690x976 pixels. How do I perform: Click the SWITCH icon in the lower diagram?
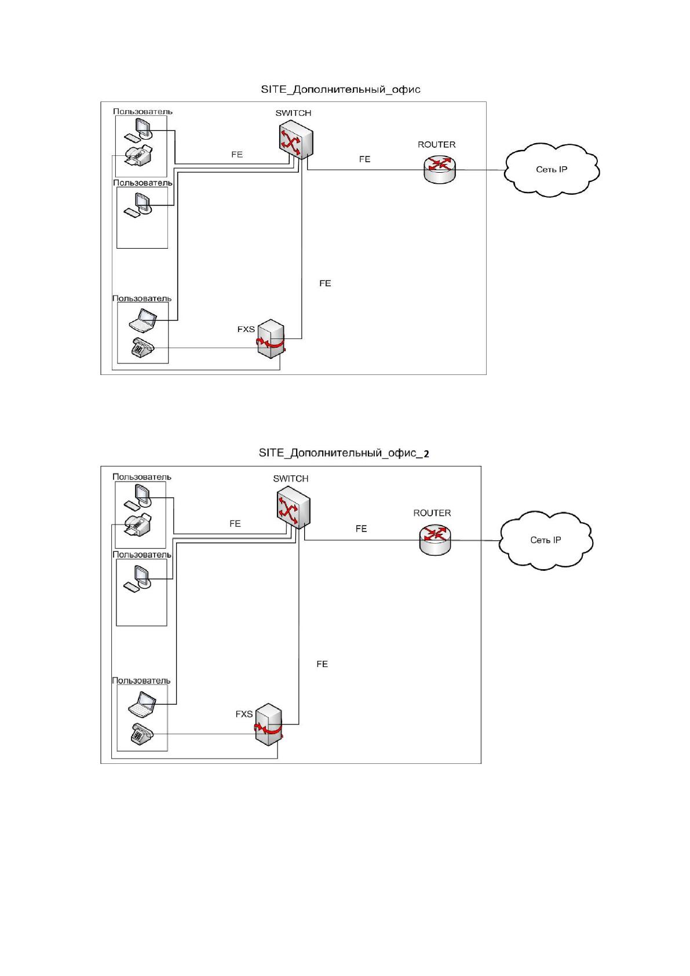pyautogui.click(x=293, y=508)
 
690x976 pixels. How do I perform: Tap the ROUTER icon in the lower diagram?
pyautogui.click(x=435, y=540)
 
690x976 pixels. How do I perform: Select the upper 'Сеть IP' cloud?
pyautogui.click(x=552, y=169)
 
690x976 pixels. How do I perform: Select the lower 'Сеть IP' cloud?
pyautogui.click(x=546, y=540)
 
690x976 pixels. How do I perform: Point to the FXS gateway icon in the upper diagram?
pyautogui.click(x=271, y=338)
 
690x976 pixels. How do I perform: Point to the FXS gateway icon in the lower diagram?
pyautogui.click(x=268, y=724)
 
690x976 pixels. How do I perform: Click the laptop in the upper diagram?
pyautogui.click(x=143, y=321)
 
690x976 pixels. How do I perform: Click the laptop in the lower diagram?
pyautogui.click(x=142, y=705)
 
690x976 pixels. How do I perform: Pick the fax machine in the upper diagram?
pyautogui.click(x=139, y=155)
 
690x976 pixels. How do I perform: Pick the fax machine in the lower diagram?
pyautogui.click(x=138, y=524)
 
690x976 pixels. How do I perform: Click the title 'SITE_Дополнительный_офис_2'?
pyautogui.click(x=344, y=453)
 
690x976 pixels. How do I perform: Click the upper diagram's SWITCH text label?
pyautogui.click(x=293, y=113)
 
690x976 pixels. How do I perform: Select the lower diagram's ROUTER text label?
pyautogui.click(x=432, y=513)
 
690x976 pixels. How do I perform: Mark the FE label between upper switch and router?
pyautogui.click(x=364, y=159)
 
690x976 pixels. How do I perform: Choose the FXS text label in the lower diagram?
pyautogui.click(x=244, y=714)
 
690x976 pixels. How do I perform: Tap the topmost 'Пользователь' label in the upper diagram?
pyautogui.click(x=143, y=111)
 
